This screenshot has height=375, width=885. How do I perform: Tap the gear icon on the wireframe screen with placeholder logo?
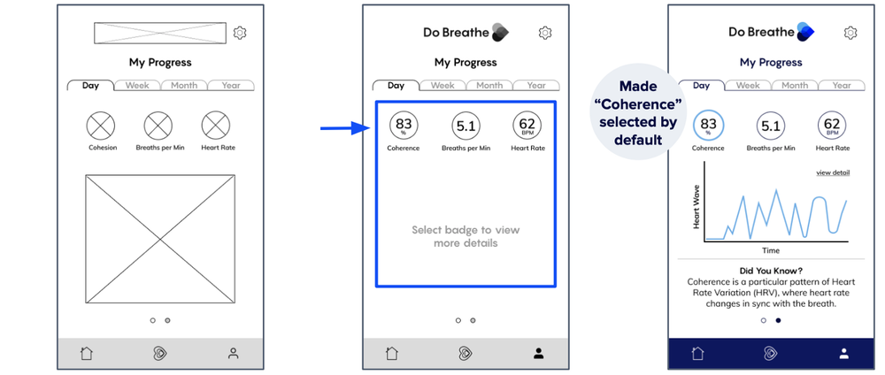tap(240, 33)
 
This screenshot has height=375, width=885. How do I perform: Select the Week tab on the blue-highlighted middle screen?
tap(442, 86)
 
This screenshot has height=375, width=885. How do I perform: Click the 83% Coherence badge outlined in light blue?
tap(708, 126)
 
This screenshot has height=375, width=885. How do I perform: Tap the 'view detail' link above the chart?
tap(833, 172)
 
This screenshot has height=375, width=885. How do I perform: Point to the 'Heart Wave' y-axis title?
tap(696, 207)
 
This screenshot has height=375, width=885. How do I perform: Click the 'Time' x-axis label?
tap(771, 250)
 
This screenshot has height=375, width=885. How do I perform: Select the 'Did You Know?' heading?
tap(771, 271)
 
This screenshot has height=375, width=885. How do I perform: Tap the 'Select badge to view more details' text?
tap(466, 237)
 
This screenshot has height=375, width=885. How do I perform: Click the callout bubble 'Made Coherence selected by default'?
tap(637, 111)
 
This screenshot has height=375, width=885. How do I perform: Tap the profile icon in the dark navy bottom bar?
tap(843, 354)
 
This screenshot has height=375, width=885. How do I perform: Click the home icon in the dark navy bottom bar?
tap(697, 354)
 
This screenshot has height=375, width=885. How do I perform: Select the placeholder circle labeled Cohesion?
tap(101, 126)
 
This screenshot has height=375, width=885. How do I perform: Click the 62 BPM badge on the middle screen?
tap(527, 126)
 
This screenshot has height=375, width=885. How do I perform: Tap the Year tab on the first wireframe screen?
tap(231, 86)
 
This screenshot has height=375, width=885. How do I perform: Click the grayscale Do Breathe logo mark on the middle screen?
tap(500, 33)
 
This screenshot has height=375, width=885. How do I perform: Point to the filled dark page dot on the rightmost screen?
tap(778, 320)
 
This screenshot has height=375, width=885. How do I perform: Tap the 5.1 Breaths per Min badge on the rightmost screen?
tap(771, 126)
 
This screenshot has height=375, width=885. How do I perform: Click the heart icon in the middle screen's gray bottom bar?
tap(466, 354)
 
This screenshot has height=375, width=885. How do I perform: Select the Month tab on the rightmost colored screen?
tap(795, 86)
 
